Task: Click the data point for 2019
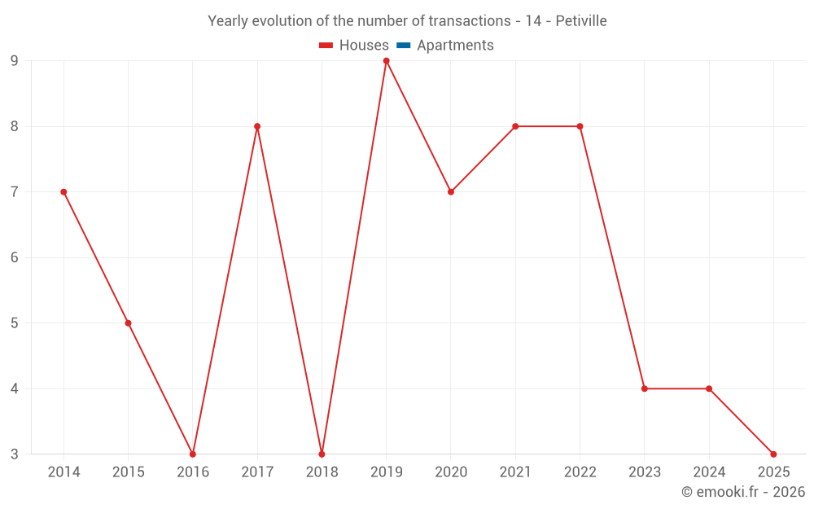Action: [x=387, y=60]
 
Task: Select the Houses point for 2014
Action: [x=63, y=192]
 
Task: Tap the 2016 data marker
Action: [x=193, y=454]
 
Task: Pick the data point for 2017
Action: [x=257, y=126]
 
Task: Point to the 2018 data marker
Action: [x=322, y=454]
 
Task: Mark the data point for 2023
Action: [x=645, y=388]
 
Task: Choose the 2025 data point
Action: [x=773, y=454]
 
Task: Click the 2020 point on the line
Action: [x=451, y=192]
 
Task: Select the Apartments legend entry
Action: [x=455, y=46]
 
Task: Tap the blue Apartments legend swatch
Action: [x=403, y=46]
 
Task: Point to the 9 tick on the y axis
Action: [x=15, y=60]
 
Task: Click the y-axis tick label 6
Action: [x=15, y=257]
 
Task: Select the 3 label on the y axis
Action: [x=15, y=454]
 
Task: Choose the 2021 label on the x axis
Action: [x=515, y=472]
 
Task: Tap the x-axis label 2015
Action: [x=128, y=472]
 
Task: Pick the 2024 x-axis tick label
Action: [x=709, y=472]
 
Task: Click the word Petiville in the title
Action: [x=581, y=21]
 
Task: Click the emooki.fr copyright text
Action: [x=743, y=492]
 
